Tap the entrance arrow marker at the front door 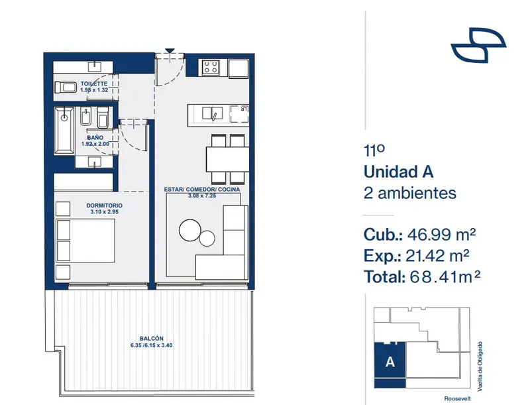pos(170,52)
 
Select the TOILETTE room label pos(94,84)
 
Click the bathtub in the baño pos(64,131)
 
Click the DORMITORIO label pos(104,205)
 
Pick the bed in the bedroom pos(85,241)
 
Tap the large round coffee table pos(190,230)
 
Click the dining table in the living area pos(227,159)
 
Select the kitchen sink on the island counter pos(212,113)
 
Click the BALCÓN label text pos(152,339)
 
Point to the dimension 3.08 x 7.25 pos(202,196)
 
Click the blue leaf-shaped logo pos(478,45)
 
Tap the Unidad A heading pos(399,172)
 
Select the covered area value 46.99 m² pos(442,234)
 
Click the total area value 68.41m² pos(445,277)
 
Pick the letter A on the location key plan pos(390,362)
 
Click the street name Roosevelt pos(457,399)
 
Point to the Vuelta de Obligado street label pos(480,367)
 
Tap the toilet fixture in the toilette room pos(66,87)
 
